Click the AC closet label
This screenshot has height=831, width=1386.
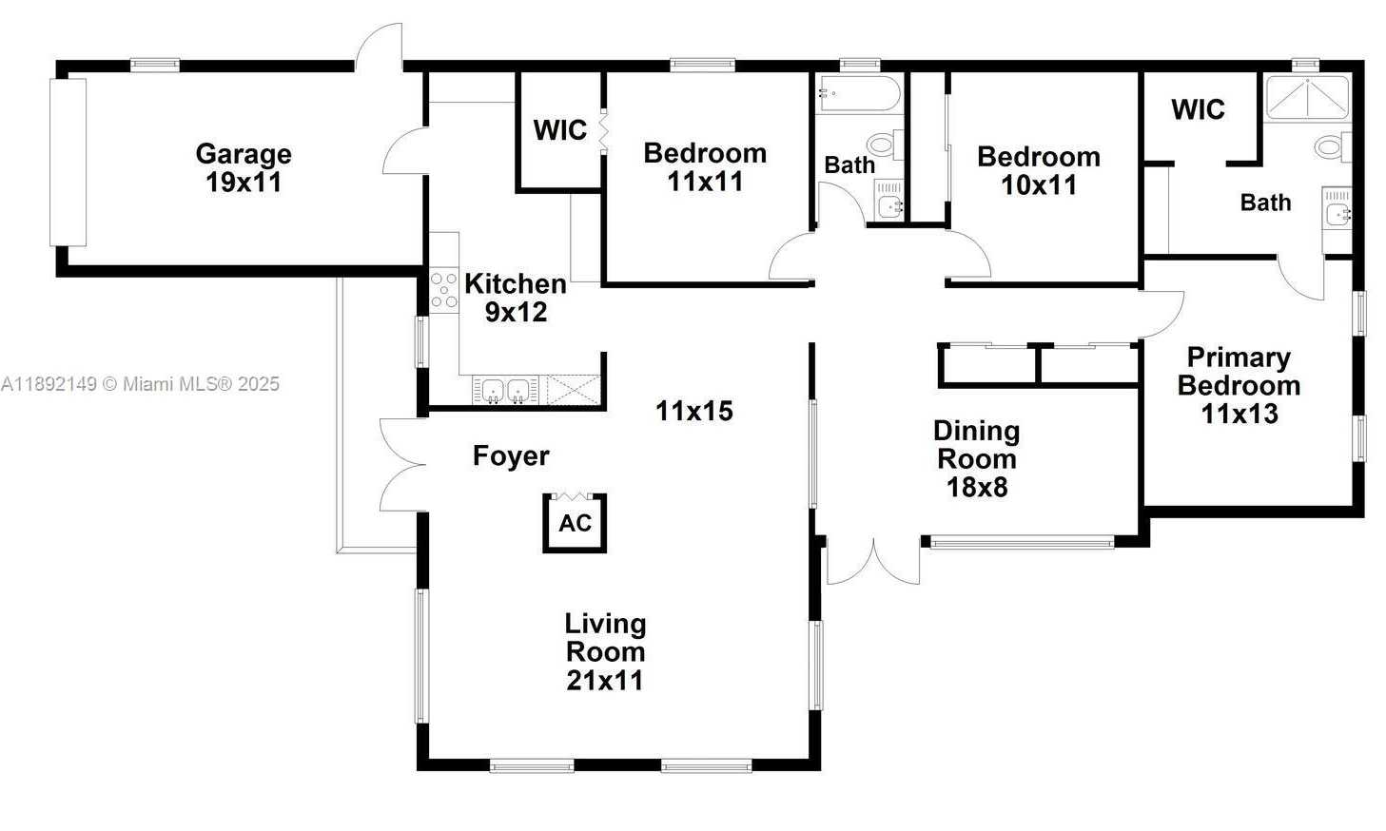click(575, 523)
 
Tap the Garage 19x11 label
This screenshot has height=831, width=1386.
click(244, 167)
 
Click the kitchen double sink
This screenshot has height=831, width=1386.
click(505, 391)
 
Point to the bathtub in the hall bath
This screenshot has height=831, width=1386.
click(858, 94)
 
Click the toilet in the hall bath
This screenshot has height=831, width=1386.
click(886, 145)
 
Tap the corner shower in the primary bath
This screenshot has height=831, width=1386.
click(1307, 98)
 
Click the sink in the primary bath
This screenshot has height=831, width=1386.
click(1337, 214)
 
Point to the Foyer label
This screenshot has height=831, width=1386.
click(511, 455)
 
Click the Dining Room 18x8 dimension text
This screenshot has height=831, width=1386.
click(977, 487)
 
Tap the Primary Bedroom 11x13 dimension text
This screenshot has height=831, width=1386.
click(1240, 414)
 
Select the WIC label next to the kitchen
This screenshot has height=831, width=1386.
click(560, 130)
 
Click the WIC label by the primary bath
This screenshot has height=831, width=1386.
click(1198, 109)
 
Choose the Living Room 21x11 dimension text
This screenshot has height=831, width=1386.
click(604, 681)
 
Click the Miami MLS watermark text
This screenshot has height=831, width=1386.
click(140, 384)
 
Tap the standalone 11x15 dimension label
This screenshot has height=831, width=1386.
click(694, 411)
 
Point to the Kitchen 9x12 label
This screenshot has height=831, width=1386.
click(516, 298)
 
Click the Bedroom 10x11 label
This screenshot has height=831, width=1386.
click(1039, 170)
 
